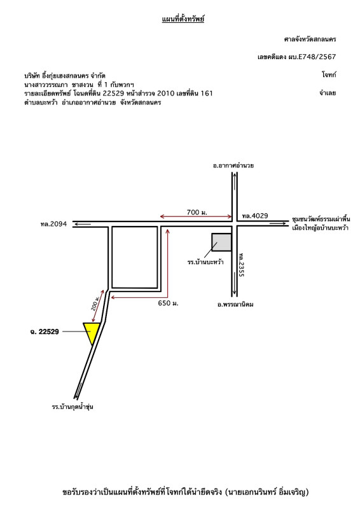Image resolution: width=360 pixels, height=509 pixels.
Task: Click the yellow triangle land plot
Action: tap(92, 331)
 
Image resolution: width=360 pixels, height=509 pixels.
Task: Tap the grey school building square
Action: tap(221, 242)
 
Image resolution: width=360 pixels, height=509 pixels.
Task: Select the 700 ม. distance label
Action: tap(197, 213)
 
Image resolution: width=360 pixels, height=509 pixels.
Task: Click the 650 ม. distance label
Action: tap(168, 303)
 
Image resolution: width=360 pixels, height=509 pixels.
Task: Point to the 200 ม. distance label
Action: tap(95, 303)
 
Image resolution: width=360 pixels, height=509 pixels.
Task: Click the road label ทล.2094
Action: tap(53, 224)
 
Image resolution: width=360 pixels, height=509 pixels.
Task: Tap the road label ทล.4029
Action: tap(255, 216)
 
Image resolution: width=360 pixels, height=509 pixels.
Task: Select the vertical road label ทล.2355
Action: tap(241, 265)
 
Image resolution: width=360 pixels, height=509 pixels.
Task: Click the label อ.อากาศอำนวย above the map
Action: tap(233, 165)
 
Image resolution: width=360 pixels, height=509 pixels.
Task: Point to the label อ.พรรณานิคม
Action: tap(235, 305)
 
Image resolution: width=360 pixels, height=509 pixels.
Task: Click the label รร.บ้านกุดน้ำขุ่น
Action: tap(73, 407)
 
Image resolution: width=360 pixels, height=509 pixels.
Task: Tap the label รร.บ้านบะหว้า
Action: tap(205, 262)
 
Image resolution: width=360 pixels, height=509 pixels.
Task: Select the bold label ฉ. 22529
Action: tap(45, 331)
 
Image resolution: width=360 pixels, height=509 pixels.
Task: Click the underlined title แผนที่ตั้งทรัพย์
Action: tap(183, 19)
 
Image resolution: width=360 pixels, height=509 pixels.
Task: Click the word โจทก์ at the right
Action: tap(329, 74)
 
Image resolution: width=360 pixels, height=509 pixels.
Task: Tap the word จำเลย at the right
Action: tap(327, 93)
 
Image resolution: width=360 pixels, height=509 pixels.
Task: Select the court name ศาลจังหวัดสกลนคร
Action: tap(310, 39)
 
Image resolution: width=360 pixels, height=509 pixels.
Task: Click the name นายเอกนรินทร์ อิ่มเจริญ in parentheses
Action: tap(267, 492)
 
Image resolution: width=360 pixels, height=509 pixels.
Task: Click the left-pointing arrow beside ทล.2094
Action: tap(82, 224)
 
